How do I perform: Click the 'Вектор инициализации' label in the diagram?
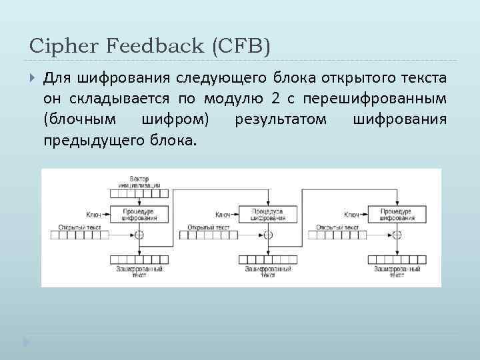pyautogui.click(x=139, y=182)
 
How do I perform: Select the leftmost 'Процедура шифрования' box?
pyautogui.click(x=139, y=215)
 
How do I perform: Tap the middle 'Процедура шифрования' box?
pyautogui.click(x=267, y=215)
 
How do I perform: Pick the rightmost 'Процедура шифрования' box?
pyautogui.click(x=396, y=215)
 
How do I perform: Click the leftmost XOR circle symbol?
pyautogui.click(x=139, y=235)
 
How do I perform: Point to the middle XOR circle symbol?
pyautogui.click(x=268, y=235)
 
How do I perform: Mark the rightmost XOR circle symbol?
pyautogui.click(x=397, y=235)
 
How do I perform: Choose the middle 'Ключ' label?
pyautogui.click(x=223, y=215)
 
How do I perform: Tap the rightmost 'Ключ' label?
pyautogui.click(x=351, y=215)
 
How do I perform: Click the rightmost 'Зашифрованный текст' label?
pyautogui.click(x=397, y=272)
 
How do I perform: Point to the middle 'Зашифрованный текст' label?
pyautogui.click(x=268, y=272)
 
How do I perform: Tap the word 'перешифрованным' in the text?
pyautogui.click(x=374, y=99)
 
